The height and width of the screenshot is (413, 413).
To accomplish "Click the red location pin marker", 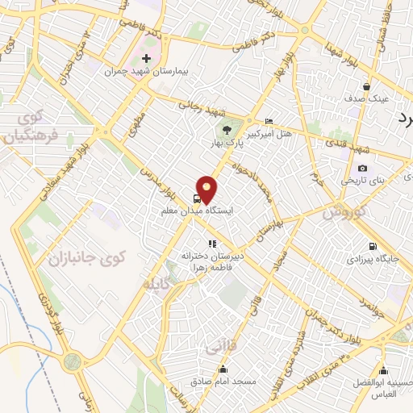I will [207, 188].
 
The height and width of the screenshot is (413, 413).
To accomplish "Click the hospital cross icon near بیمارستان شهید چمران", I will [145, 59].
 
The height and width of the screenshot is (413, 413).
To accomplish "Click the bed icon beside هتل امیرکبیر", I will [269, 121].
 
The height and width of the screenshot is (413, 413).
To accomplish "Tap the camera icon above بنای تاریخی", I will [362, 169].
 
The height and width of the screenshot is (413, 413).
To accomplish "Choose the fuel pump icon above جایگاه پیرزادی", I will [371, 248].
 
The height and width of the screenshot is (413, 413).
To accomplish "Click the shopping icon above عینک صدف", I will [367, 86].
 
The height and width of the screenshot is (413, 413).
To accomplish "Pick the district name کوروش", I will [346, 215].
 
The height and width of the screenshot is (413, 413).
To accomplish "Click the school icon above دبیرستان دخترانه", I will [212, 243].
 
